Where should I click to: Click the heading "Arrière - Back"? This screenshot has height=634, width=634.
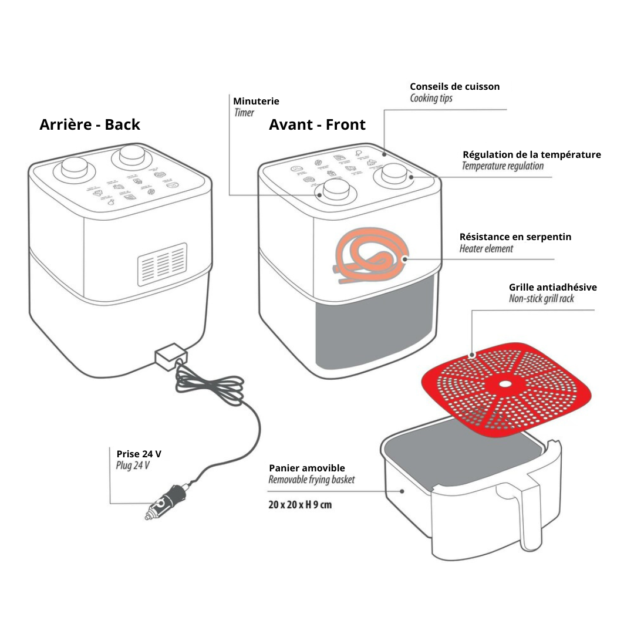pos(90,124)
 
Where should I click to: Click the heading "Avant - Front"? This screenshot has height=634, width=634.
pos(317,124)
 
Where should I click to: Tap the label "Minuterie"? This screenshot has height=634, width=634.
pos(256,101)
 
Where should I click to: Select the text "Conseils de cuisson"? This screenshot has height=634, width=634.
pos(455,86)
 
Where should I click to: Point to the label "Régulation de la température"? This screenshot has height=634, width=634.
pos(532,154)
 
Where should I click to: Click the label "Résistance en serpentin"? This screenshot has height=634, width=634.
pos(515,237)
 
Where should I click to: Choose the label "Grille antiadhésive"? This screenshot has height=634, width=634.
pos(552,287)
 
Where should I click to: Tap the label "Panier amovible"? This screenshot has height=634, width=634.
pos(307,468)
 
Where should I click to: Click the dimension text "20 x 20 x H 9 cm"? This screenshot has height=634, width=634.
pos(300,504)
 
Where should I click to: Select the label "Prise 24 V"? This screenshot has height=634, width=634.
pos(139,454)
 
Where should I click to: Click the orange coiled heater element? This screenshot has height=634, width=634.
pos(367,258)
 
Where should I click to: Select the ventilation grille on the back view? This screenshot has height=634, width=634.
pos(162,264)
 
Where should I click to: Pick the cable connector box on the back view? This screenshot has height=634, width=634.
pos(170,355)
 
